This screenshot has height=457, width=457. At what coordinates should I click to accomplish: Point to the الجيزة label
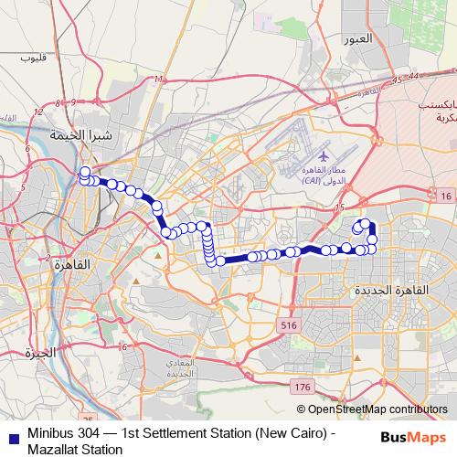[41, 352]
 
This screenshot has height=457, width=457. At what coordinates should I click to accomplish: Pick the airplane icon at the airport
[301, 156]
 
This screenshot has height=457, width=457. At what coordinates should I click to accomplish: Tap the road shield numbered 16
[445, 197]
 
